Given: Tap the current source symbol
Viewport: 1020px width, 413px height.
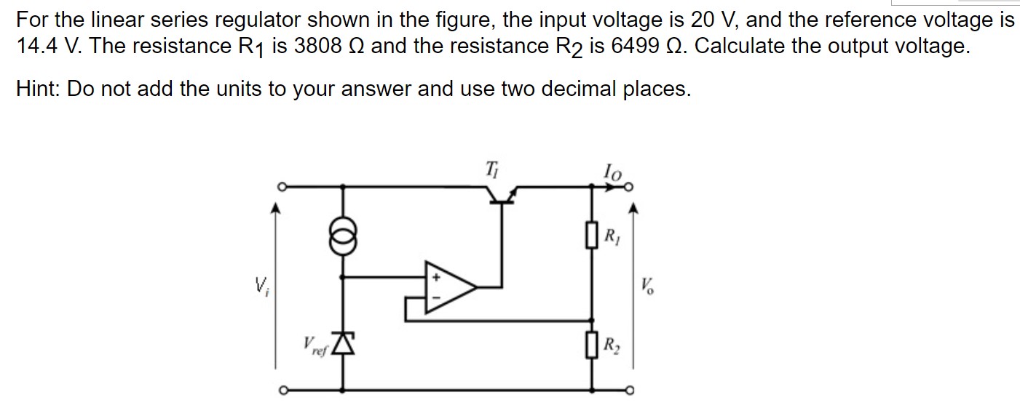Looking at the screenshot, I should [344, 237].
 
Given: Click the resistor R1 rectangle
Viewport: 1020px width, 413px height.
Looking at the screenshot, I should [590, 234].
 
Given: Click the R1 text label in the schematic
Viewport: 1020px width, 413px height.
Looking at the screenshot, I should [612, 236].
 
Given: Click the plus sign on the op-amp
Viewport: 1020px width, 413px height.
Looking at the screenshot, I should [437, 277].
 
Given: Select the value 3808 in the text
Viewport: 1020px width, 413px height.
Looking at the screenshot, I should [317, 47].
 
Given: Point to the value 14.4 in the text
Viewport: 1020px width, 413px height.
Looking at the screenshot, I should [38, 47].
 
